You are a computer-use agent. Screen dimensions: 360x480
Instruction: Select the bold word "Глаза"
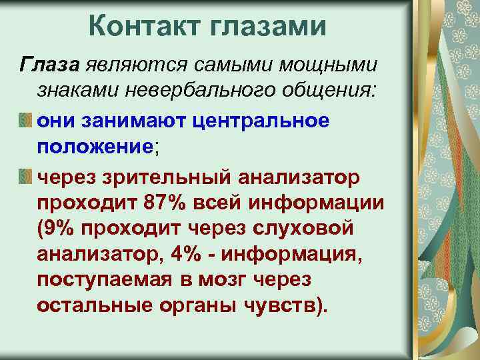51,64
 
